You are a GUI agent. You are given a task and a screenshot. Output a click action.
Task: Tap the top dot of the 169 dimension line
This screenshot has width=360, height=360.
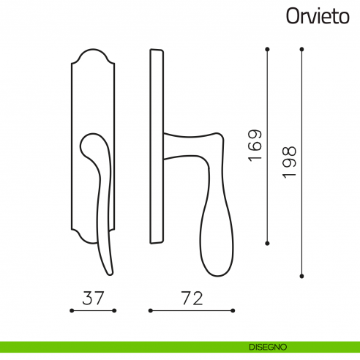pyautogui.click(x=268, y=49)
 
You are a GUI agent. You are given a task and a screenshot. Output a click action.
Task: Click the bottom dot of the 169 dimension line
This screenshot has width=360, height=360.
pyautogui.click(x=268, y=243)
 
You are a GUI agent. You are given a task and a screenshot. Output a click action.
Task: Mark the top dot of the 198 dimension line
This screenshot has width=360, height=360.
pyautogui.click(x=301, y=49)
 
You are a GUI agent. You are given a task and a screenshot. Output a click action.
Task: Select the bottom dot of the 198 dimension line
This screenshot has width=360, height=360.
pyautogui.click(x=301, y=276)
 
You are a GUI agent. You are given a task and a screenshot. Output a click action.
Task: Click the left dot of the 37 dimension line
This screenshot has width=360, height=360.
pyautogui.click(x=71, y=311)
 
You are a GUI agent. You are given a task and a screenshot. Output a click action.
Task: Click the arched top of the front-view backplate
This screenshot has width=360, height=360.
pyautogui.click(x=94, y=53)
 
